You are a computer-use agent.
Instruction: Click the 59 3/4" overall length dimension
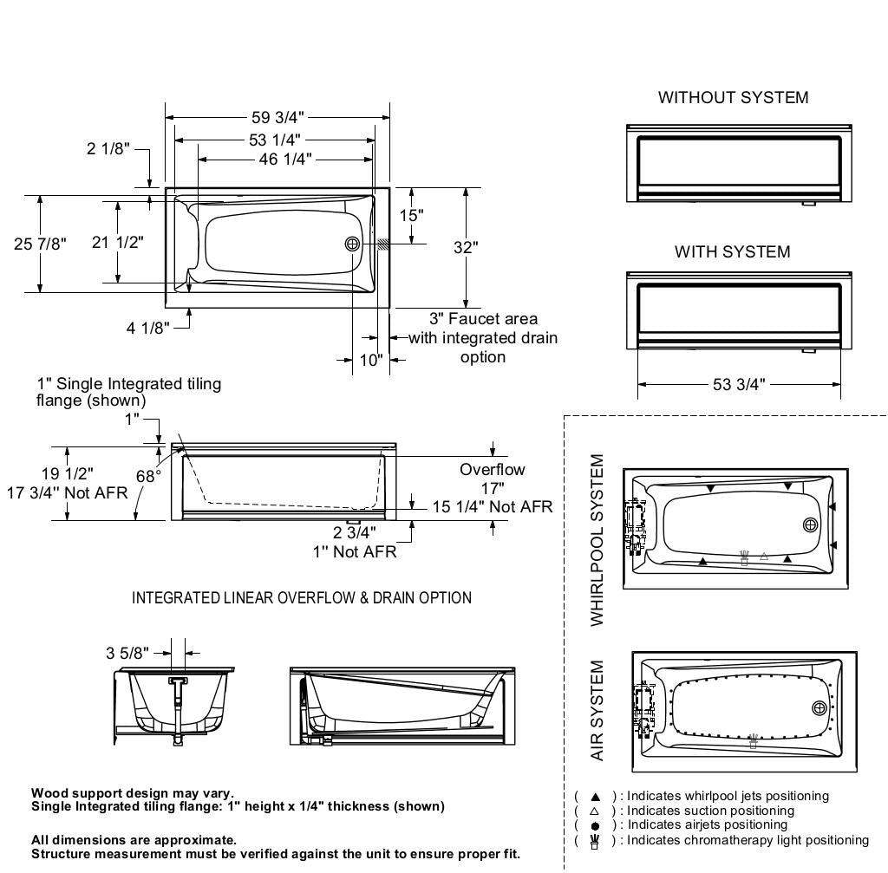[x=278, y=117]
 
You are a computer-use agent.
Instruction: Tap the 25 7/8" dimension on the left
[x=40, y=244]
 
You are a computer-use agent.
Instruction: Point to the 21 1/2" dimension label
[x=118, y=242]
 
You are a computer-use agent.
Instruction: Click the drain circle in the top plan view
[x=352, y=244]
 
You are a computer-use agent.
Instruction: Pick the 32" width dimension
[x=466, y=247]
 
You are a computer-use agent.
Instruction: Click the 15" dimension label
[x=411, y=215]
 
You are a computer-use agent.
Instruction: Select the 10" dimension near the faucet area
[x=370, y=360]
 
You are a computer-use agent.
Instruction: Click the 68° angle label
[x=148, y=476]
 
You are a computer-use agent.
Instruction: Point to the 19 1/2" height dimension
[x=68, y=472]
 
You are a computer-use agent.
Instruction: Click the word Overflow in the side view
[x=492, y=469]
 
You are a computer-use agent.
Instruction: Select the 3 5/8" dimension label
[x=127, y=652]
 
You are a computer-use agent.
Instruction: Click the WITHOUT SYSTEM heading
[x=733, y=98]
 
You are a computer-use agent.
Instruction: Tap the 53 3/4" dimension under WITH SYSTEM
[x=738, y=384]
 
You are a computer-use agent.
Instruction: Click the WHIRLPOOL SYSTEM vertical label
[x=597, y=539]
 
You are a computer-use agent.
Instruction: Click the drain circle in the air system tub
[x=819, y=708]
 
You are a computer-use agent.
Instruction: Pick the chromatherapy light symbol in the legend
[x=595, y=841]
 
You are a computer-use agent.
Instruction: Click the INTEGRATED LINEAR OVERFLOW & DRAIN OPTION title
[x=302, y=598]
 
